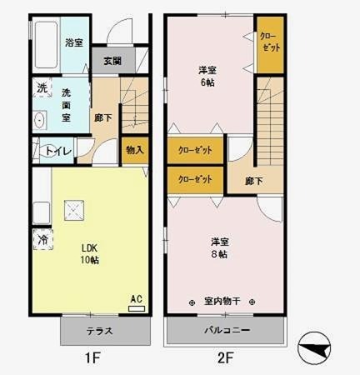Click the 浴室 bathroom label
click(x=74, y=42)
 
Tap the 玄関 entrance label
click(x=113, y=60)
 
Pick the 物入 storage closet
click(x=134, y=150)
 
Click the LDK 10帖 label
click(x=90, y=253)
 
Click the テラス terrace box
click(x=100, y=331)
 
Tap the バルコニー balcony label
click(x=227, y=331)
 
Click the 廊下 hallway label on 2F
click(x=255, y=181)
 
